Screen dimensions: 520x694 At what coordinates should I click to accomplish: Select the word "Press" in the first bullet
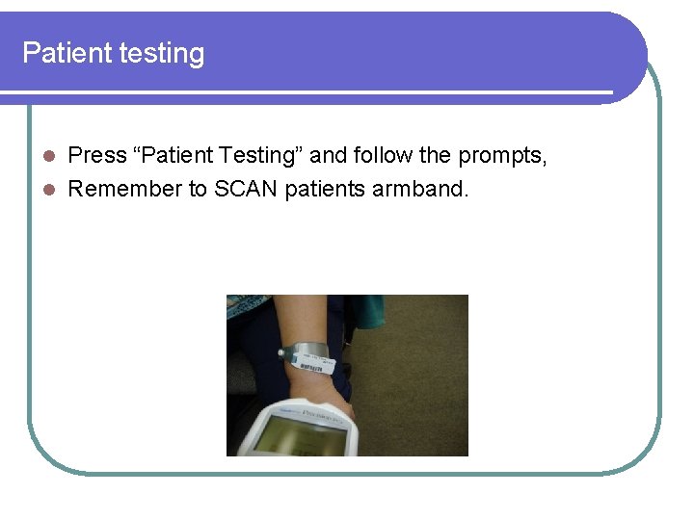click(x=97, y=155)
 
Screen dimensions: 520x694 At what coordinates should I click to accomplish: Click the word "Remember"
click(x=124, y=189)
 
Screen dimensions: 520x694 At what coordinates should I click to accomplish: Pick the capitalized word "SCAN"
click(x=246, y=189)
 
